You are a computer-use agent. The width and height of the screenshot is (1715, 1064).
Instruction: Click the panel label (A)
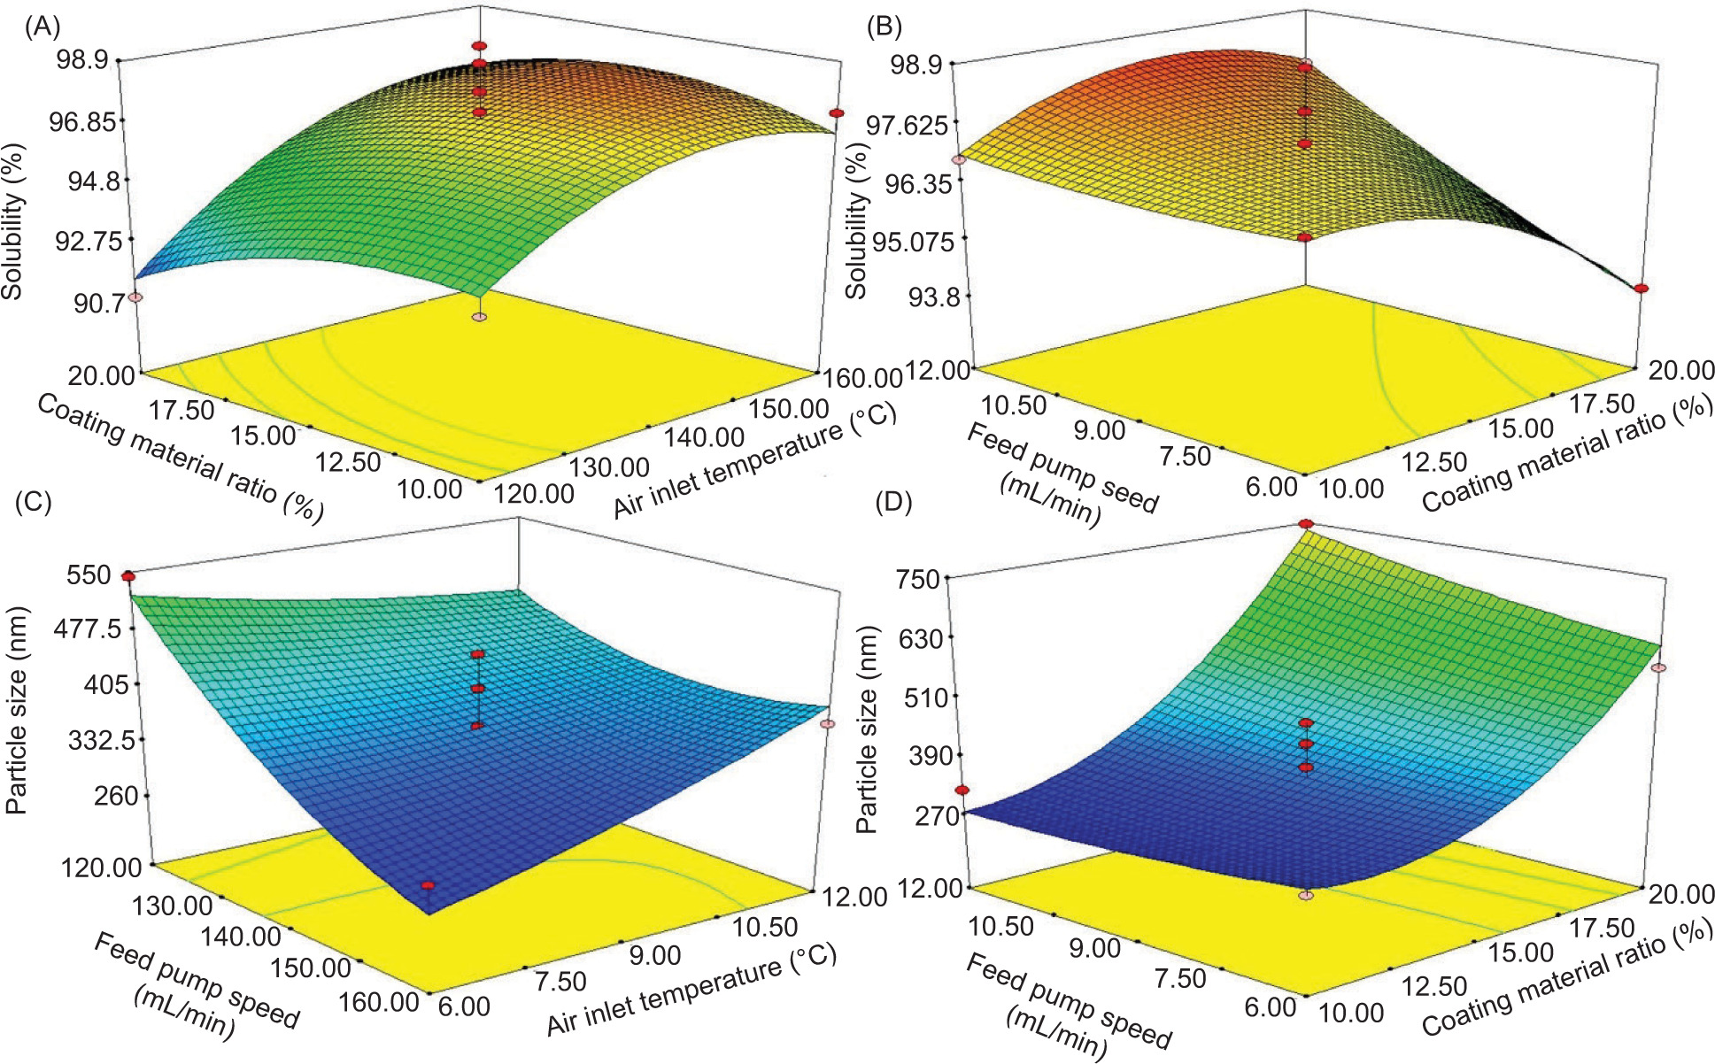point(42,27)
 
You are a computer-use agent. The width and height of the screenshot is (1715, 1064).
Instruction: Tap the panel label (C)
point(34,502)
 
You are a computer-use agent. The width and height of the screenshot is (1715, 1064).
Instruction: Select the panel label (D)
point(892,502)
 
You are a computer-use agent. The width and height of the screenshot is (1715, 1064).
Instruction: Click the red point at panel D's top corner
point(1306,524)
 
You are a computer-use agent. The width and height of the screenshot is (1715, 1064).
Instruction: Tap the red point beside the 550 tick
point(128,576)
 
